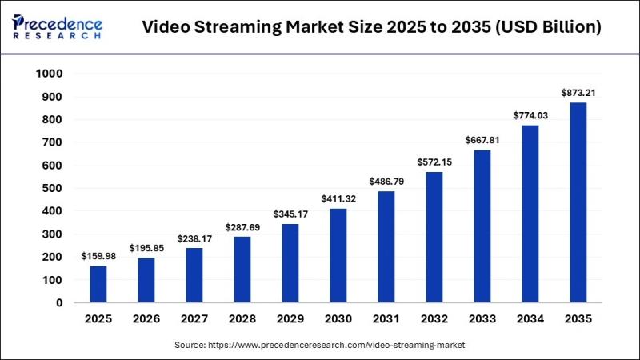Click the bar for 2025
[98, 284]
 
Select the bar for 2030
[338, 255]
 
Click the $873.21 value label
[578, 93]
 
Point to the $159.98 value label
[98, 256]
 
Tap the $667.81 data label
[482, 140]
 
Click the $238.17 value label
[194, 238]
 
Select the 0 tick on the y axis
[58, 303]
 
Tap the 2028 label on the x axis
[242, 319]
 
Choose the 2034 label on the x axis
[530, 319]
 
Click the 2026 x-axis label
[146, 319]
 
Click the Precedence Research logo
[58, 26]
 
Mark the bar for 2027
[194, 275]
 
